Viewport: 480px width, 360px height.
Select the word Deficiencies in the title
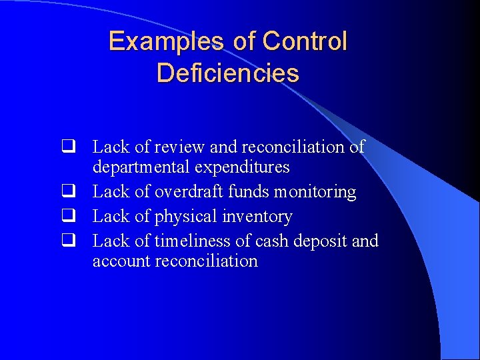click(x=228, y=73)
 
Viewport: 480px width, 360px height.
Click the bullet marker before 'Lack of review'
click(x=67, y=147)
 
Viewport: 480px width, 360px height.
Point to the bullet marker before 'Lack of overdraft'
click(x=67, y=192)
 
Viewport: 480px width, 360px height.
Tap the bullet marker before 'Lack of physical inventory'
click(x=67, y=217)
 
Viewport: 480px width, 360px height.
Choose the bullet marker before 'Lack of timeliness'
click(x=67, y=241)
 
